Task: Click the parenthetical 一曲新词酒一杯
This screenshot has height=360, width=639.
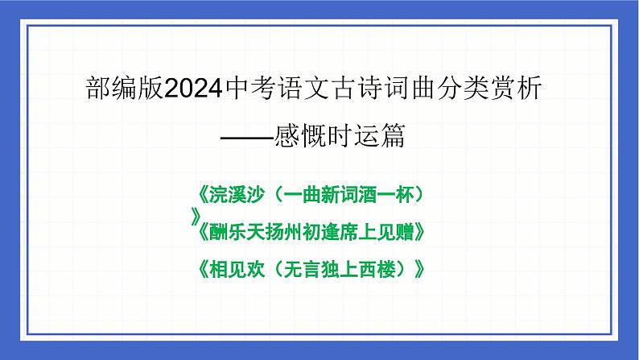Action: tap(350, 197)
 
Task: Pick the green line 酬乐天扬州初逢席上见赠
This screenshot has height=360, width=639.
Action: tap(310, 232)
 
